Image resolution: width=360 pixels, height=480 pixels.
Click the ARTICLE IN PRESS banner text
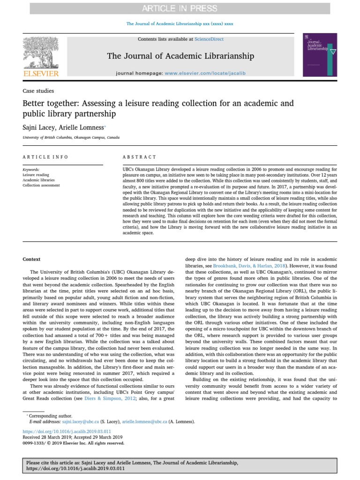click(180, 8)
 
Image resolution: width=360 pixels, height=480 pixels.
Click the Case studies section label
click(38, 91)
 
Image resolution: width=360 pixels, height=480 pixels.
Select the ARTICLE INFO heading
click(45, 157)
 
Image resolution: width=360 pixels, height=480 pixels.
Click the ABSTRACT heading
click(140, 157)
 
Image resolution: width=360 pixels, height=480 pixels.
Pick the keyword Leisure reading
click(36, 174)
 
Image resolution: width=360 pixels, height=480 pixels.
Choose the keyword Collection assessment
click(41, 185)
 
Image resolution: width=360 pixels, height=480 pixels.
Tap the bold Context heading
click(32, 259)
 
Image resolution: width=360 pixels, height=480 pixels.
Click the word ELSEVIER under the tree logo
click(41, 74)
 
